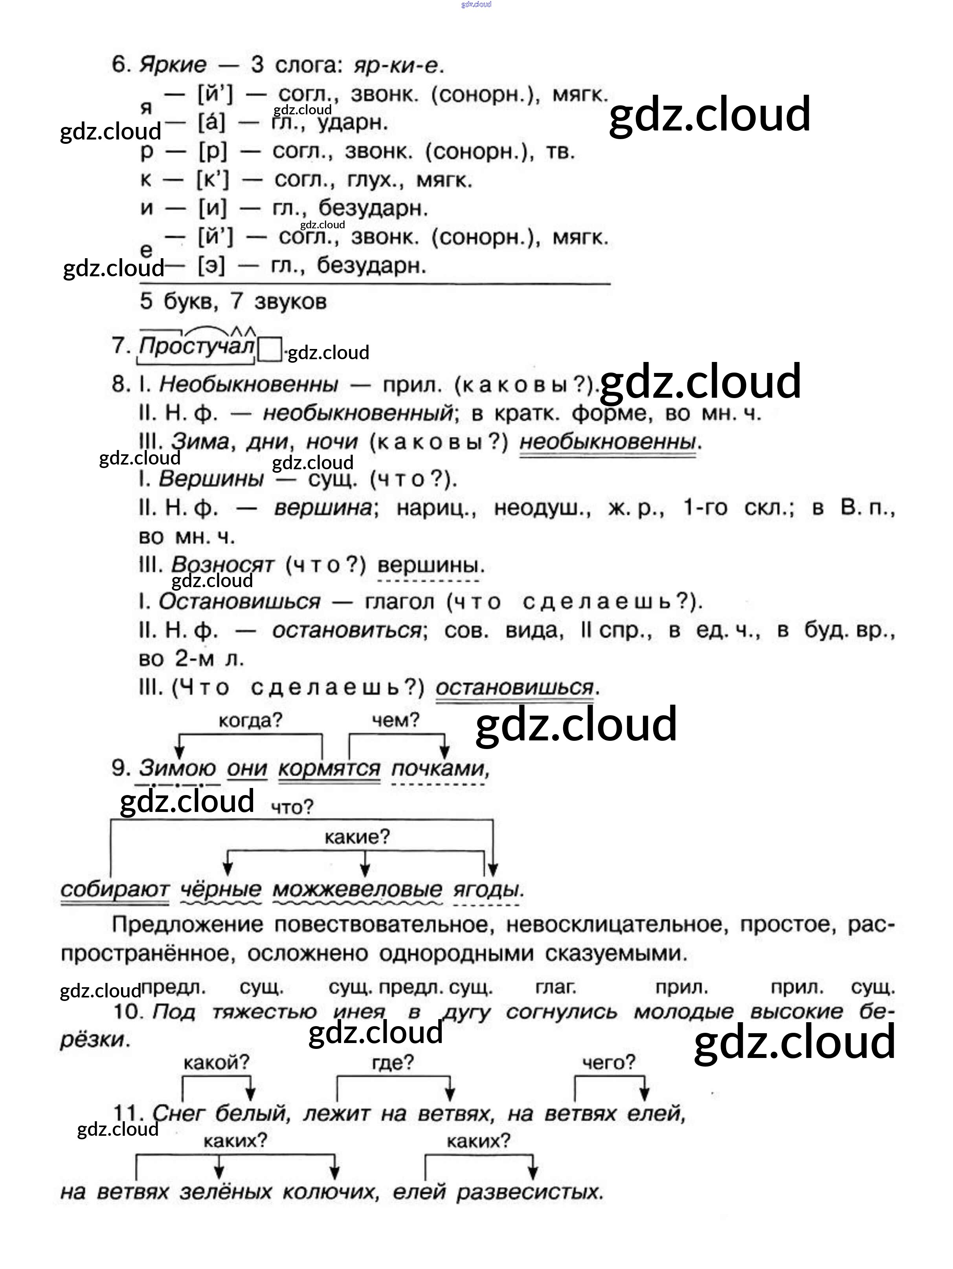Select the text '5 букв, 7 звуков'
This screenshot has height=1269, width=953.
point(233,301)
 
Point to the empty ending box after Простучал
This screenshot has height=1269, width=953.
point(269,349)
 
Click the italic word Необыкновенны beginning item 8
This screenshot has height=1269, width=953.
point(248,384)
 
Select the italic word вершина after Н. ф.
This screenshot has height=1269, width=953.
point(323,508)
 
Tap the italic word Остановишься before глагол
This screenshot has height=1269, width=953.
point(239,602)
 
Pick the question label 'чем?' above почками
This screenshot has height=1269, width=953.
point(395,720)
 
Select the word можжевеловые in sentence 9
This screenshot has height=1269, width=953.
point(357,890)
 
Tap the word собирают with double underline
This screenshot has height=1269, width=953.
point(115,890)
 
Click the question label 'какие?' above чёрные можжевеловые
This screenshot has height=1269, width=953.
point(357,837)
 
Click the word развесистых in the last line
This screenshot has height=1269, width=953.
point(530,1192)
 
